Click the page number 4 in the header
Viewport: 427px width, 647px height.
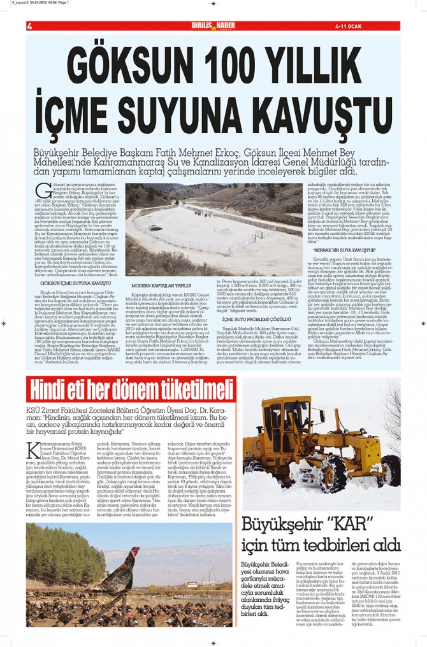[x=29, y=26]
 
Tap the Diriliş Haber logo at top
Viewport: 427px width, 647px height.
[x=213, y=25]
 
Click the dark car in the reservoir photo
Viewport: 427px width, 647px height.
[x=156, y=227]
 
